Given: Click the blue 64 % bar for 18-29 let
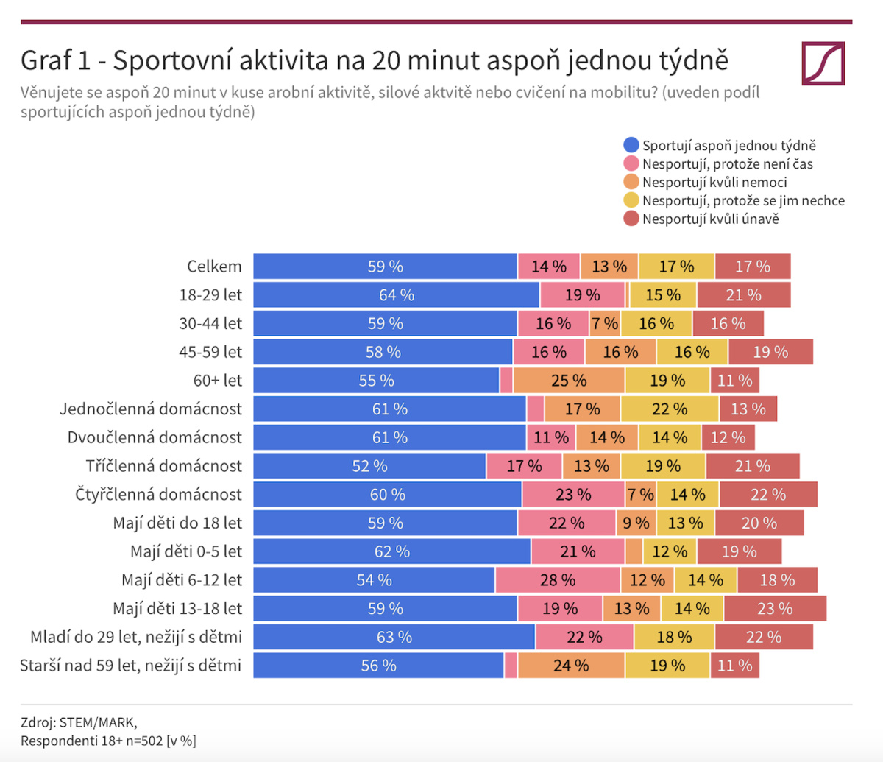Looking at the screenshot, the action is (396, 295).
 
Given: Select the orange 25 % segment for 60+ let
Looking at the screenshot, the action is (569, 381).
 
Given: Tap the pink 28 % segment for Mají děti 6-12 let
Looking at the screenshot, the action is (558, 580).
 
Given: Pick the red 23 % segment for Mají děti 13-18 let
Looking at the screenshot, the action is (775, 609).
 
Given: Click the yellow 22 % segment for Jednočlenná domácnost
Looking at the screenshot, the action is (670, 409).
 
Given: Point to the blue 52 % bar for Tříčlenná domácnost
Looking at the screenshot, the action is (369, 466).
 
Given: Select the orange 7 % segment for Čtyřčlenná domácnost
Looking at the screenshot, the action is (640, 495).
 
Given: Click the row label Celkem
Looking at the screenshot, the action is (214, 267).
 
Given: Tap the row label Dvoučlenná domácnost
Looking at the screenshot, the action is (155, 437).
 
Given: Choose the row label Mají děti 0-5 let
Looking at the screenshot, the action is (186, 551).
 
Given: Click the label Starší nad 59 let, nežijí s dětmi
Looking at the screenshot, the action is (131, 666).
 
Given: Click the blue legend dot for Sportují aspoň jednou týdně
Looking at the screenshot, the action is (631, 145).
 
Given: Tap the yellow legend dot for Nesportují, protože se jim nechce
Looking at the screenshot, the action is (631, 200).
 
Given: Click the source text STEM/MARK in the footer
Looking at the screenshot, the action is (98, 722).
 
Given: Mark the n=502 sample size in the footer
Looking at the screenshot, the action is (144, 741).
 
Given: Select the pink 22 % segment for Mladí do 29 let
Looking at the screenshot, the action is (584, 637).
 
